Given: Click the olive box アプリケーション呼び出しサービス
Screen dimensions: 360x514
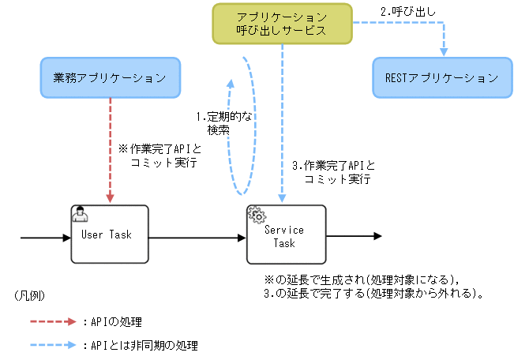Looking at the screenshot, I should [x=281, y=24].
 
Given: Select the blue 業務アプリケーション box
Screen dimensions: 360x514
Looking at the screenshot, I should [x=110, y=77].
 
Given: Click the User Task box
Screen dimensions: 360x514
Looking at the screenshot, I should [x=110, y=234].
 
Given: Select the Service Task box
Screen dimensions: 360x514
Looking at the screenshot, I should [x=285, y=235].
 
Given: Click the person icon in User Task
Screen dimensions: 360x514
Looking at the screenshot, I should [x=80, y=213].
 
